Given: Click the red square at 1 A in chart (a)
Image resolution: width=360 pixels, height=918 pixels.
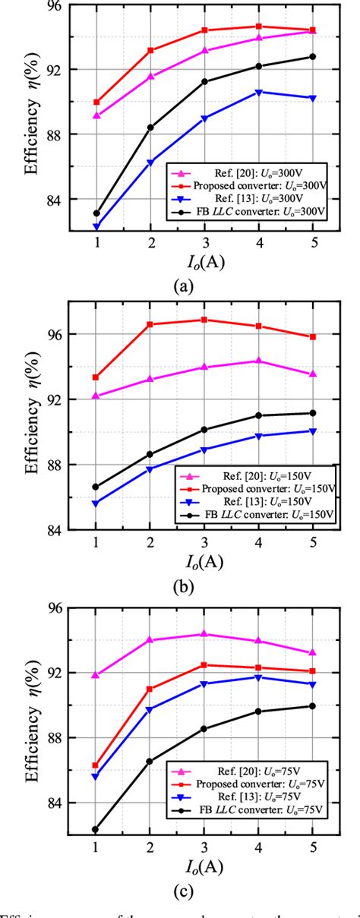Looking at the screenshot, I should pos(96,102).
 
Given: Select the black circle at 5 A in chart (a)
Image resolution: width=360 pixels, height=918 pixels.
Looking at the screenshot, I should pos(312,56).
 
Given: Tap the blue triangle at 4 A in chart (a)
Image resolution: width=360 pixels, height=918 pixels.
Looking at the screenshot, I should pos(258,92).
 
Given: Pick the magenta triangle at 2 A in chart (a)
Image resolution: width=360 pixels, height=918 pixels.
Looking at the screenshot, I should pos(150,76).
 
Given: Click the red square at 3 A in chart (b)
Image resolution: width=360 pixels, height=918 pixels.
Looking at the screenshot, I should pos(204,320).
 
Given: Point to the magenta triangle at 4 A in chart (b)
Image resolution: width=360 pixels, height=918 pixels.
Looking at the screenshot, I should pos(258,361).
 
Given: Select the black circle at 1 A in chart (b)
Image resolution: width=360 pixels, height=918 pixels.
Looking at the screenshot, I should pos(96,487).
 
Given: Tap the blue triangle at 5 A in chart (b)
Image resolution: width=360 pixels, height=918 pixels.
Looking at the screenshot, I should pos(312,431).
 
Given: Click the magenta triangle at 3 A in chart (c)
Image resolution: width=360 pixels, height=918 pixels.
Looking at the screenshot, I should pos(204,633).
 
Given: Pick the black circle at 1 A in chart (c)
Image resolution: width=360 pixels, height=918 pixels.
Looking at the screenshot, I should pos(96,829).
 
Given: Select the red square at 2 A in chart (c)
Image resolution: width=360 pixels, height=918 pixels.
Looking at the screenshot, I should pos(150,689).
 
